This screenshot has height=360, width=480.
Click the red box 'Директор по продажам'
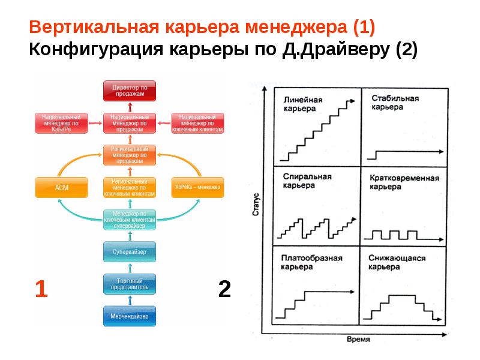(129, 91)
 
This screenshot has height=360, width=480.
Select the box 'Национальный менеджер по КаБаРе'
(62, 123)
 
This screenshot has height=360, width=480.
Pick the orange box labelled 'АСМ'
(62, 187)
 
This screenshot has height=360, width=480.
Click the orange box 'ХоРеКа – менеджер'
(197, 187)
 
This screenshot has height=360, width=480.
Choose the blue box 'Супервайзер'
(129, 251)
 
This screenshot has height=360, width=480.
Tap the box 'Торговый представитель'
(129, 284)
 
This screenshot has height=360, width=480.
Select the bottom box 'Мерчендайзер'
(129, 316)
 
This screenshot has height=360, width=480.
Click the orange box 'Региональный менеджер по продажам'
(129, 155)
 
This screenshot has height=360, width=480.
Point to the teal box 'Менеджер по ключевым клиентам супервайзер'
(129, 219)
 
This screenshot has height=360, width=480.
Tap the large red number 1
(41, 289)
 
